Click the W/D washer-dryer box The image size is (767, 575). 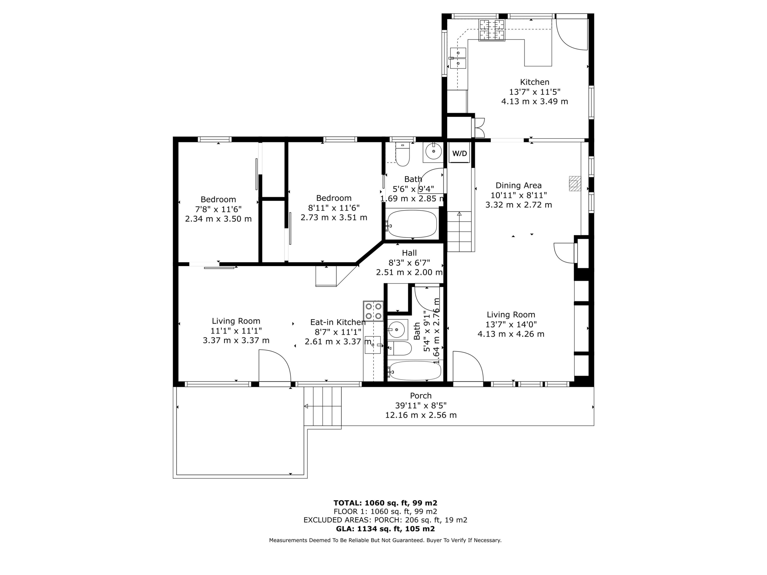click(x=459, y=153)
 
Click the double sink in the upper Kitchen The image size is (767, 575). click(x=458, y=58)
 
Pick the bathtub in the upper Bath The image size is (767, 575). click(x=412, y=224)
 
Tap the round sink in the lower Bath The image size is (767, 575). click(x=396, y=329)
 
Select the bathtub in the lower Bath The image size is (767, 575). click(x=414, y=371)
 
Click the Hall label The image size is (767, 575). click(x=409, y=253)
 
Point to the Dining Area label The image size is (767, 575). click(x=518, y=186)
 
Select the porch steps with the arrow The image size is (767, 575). click(x=322, y=406)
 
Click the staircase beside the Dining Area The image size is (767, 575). click(x=459, y=231)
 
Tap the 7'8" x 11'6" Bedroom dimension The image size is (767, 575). click(x=218, y=209)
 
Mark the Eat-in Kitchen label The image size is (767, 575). click(x=337, y=322)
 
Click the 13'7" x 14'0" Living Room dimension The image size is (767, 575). click(x=511, y=324)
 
